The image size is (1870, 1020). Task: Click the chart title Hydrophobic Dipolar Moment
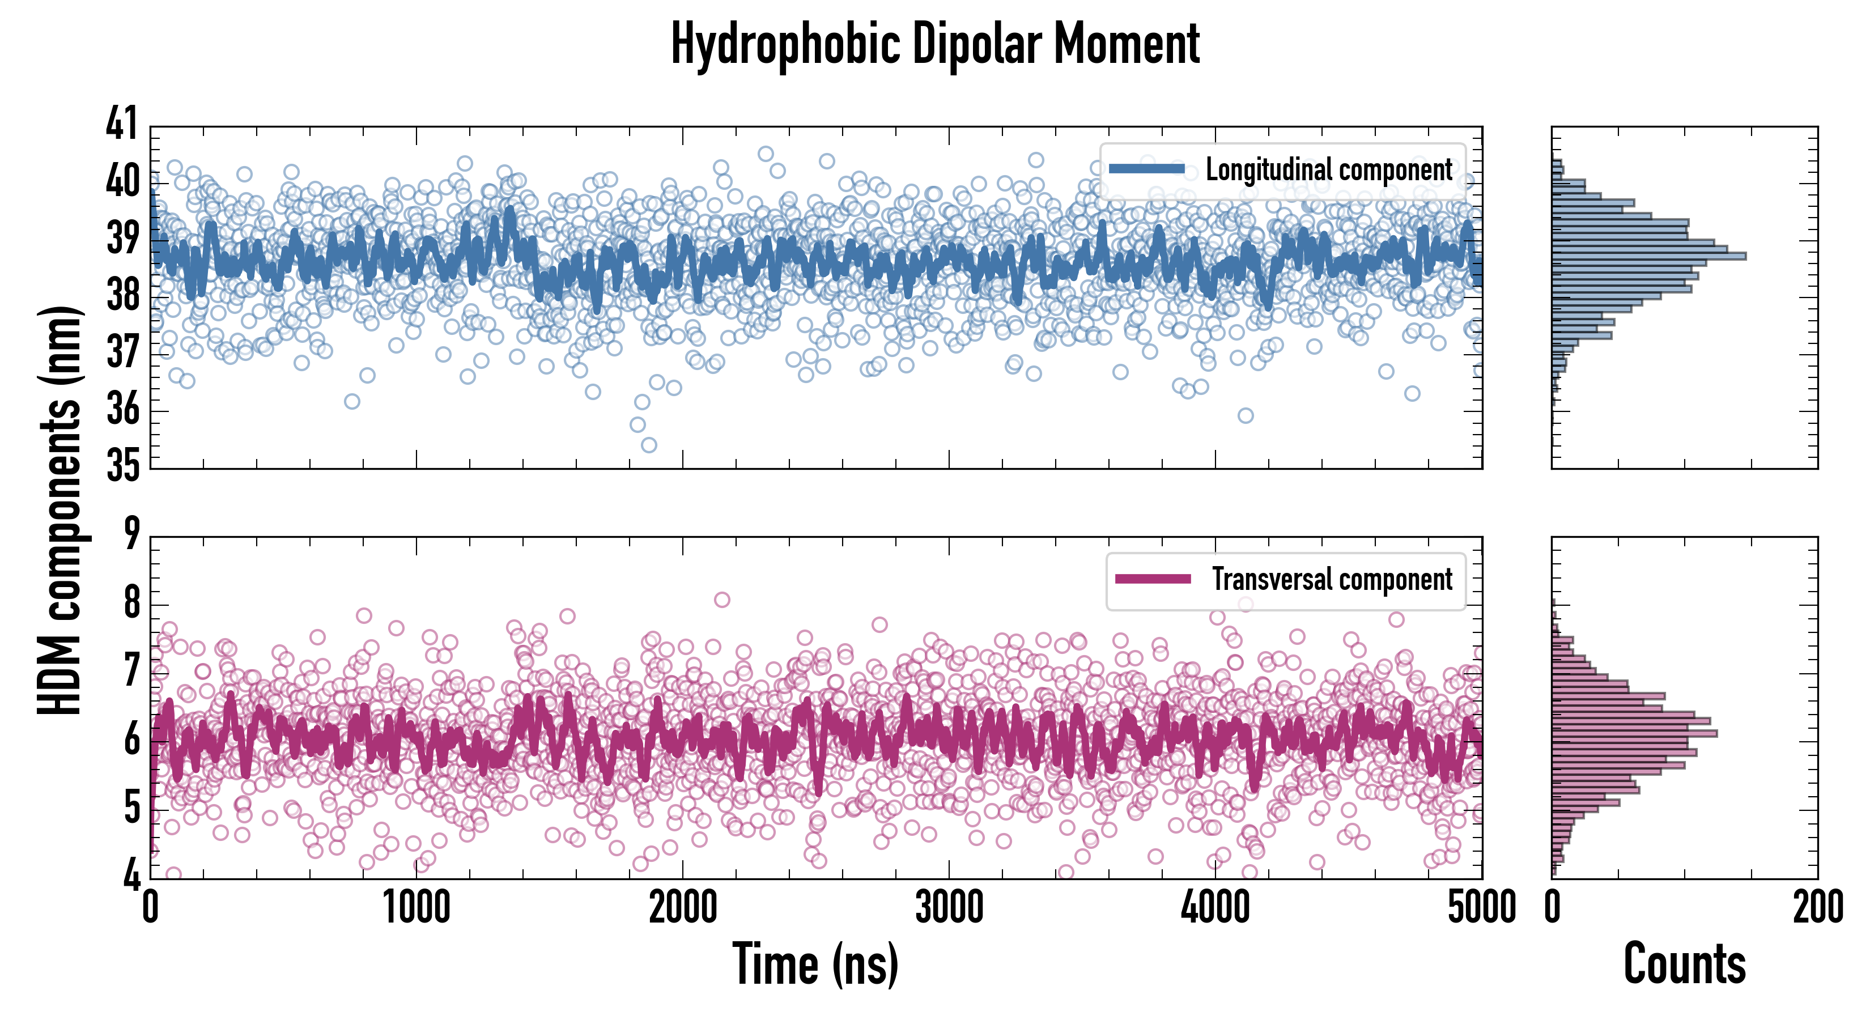click(x=935, y=45)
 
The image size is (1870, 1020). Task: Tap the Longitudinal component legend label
click(x=1328, y=170)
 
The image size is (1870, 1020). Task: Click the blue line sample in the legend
click(x=1146, y=169)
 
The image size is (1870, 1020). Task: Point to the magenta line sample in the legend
click(x=1153, y=579)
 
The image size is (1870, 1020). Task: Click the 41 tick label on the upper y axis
click(x=121, y=124)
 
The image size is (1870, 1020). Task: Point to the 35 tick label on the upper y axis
click(x=121, y=466)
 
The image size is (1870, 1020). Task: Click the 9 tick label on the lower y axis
click(x=131, y=535)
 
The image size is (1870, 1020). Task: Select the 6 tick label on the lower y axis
click(x=131, y=741)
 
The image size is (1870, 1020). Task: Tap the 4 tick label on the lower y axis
click(x=131, y=876)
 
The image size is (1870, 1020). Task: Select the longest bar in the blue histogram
click(x=1648, y=256)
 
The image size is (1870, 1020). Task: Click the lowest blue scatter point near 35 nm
click(x=649, y=445)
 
